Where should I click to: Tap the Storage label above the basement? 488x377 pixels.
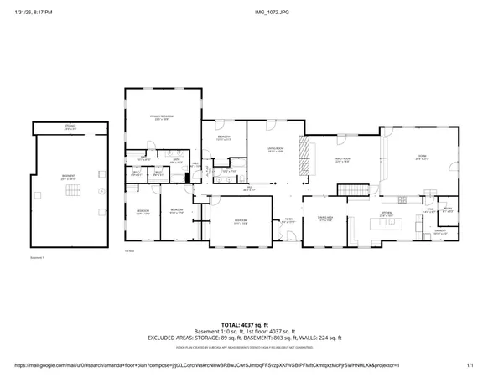pyautogui.click(x=70, y=127)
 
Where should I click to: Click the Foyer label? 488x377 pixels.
pyautogui.click(x=288, y=220)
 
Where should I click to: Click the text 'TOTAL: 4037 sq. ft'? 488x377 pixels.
pyautogui.click(x=244, y=324)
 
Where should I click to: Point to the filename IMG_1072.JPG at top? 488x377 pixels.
pyautogui.click(x=243, y=13)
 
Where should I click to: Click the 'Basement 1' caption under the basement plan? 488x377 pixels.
pyautogui.click(x=35, y=258)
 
